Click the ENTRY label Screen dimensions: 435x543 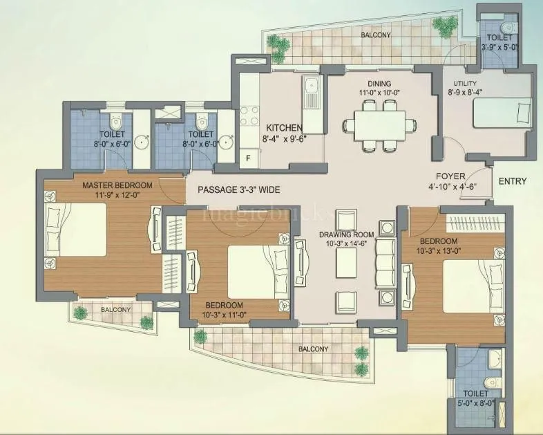click(x=512, y=182)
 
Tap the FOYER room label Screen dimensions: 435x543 click(x=450, y=176)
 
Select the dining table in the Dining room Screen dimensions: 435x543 click(x=381, y=124)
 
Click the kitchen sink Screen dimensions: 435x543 click(x=311, y=93)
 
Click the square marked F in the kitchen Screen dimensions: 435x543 click(x=248, y=158)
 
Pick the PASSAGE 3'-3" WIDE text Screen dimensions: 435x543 click(x=238, y=189)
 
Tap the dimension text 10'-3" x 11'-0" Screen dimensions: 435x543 click(x=224, y=315)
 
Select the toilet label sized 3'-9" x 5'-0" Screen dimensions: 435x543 click(x=499, y=43)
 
